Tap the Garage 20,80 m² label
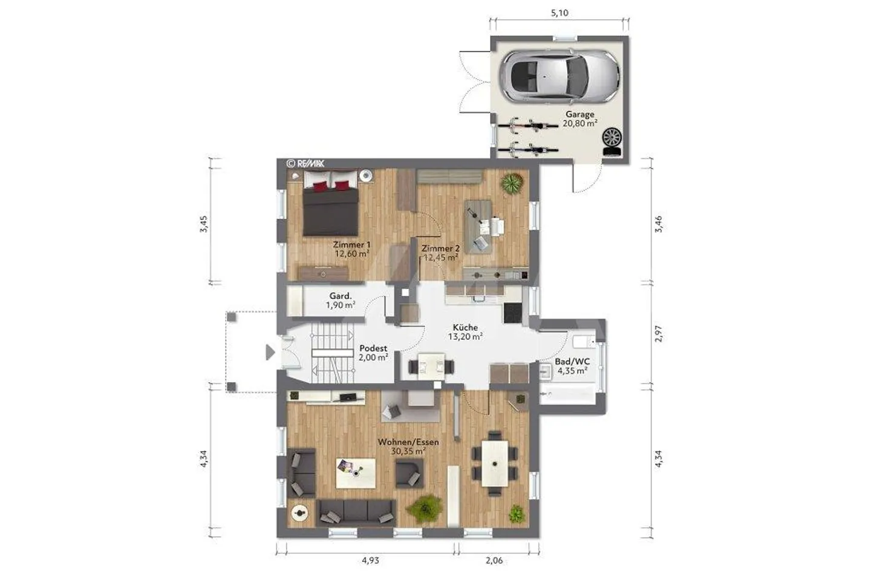580,119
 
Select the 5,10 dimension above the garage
559,13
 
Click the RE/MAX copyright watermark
305,163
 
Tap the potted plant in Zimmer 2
512,184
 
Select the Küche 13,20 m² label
466,331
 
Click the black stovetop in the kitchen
513,313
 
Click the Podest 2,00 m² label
373,353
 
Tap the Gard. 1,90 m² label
341,300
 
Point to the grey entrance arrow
270,352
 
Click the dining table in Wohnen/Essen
495,463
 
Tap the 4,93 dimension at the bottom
370,560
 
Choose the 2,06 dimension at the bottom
494,560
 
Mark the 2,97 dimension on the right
658,333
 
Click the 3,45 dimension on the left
203,224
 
